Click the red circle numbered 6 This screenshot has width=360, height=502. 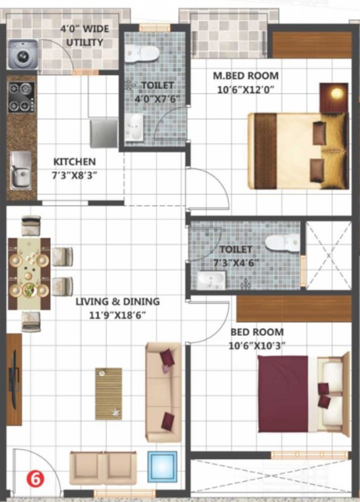click(32, 478)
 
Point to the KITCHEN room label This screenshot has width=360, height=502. click(74, 161)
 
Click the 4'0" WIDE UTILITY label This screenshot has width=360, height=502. click(84, 36)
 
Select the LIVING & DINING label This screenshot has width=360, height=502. click(118, 302)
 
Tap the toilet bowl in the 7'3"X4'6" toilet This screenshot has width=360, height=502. click(282, 243)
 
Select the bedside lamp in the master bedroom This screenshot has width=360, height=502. click(335, 93)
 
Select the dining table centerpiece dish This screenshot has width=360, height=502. click(29, 288)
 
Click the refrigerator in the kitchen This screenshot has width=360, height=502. click(103, 133)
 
